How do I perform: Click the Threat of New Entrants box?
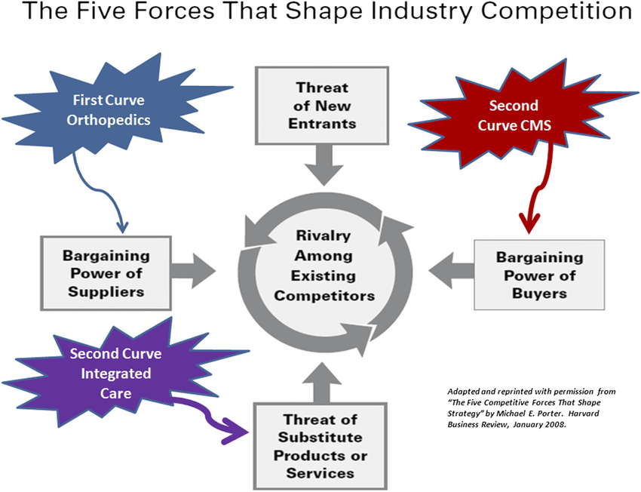[322, 106]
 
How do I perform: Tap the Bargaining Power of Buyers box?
[539, 275]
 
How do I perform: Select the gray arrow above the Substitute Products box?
[322, 381]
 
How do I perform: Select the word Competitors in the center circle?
[324, 295]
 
